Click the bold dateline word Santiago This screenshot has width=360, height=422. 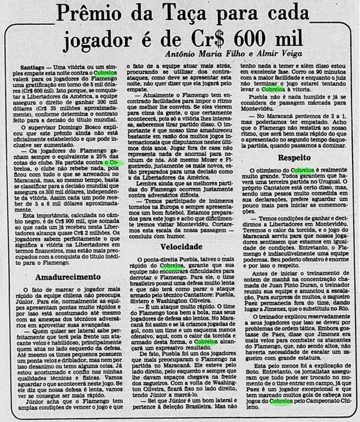tap(23, 68)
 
